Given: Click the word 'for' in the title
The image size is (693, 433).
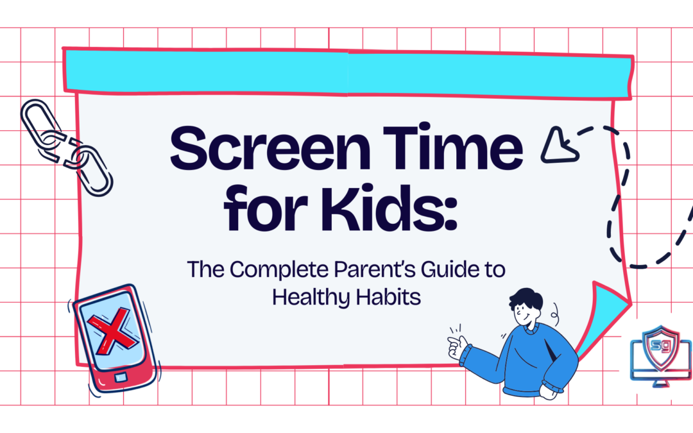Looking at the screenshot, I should pyautogui.click(x=261, y=209).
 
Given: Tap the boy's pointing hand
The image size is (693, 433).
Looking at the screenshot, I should pyautogui.click(x=457, y=346).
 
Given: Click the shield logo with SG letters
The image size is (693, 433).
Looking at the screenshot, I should pyautogui.click(x=661, y=350).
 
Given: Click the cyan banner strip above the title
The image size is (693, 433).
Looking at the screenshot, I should pyautogui.click(x=346, y=71).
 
